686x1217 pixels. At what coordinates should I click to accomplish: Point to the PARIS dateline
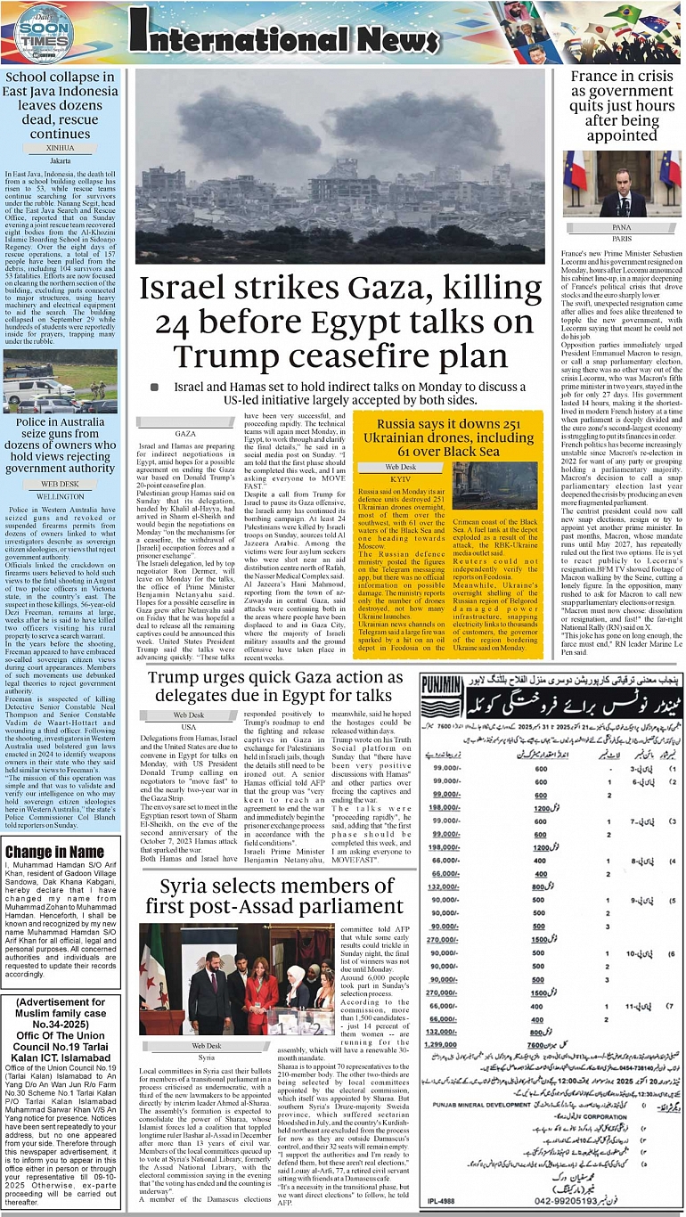tap(622, 239)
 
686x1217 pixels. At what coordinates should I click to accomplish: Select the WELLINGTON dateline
tap(59, 496)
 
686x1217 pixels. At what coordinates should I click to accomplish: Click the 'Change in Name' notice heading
tap(54, 852)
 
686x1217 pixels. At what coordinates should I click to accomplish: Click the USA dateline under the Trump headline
tap(189, 727)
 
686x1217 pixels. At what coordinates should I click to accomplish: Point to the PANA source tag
tap(622, 228)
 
